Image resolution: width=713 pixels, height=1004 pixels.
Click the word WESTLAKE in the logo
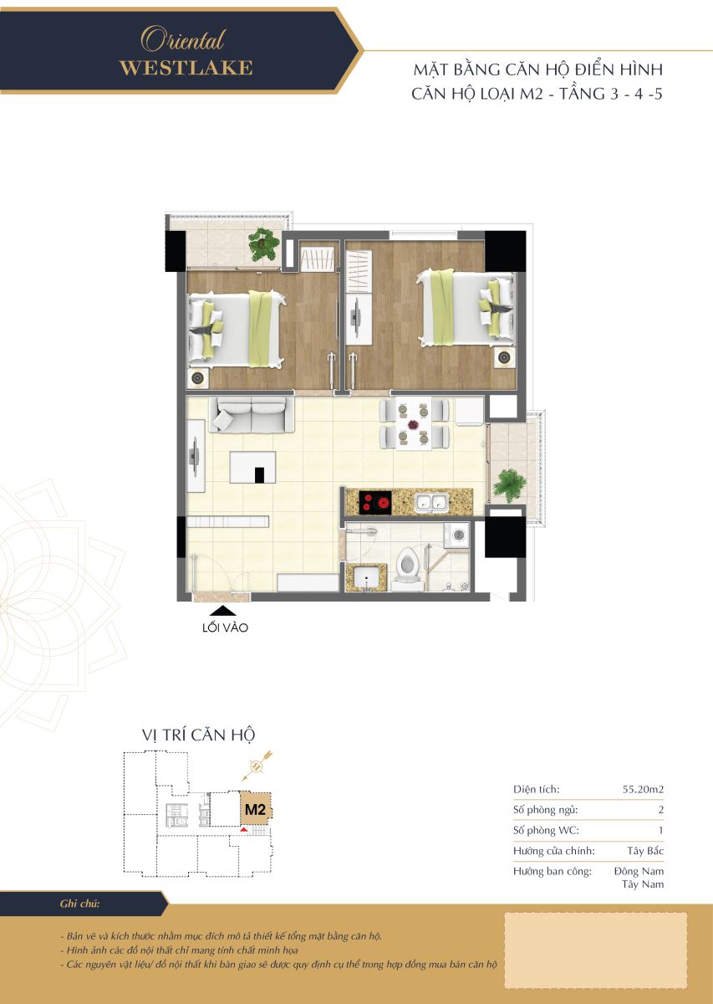pos(186,68)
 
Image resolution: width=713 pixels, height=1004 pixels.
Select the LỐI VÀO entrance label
pos(225,627)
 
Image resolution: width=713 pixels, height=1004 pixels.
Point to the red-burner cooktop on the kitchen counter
pos(374,502)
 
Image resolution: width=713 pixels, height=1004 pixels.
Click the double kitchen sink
pos(431,503)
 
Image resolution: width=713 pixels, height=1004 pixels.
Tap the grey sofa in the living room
pos(252,415)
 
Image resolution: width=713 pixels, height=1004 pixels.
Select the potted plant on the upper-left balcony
pos(263,243)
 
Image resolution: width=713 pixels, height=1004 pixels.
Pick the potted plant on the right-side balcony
pos(509,485)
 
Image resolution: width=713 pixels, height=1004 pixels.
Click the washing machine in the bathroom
pos(457,535)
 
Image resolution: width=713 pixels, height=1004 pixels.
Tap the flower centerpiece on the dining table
pos(412,423)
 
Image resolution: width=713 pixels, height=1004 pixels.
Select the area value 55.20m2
pos(643,789)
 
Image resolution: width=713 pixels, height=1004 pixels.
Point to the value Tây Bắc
pos(645,851)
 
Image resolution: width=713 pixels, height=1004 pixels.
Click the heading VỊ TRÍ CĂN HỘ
pos(198,735)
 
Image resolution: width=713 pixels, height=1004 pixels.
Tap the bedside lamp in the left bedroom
pos(197,379)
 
